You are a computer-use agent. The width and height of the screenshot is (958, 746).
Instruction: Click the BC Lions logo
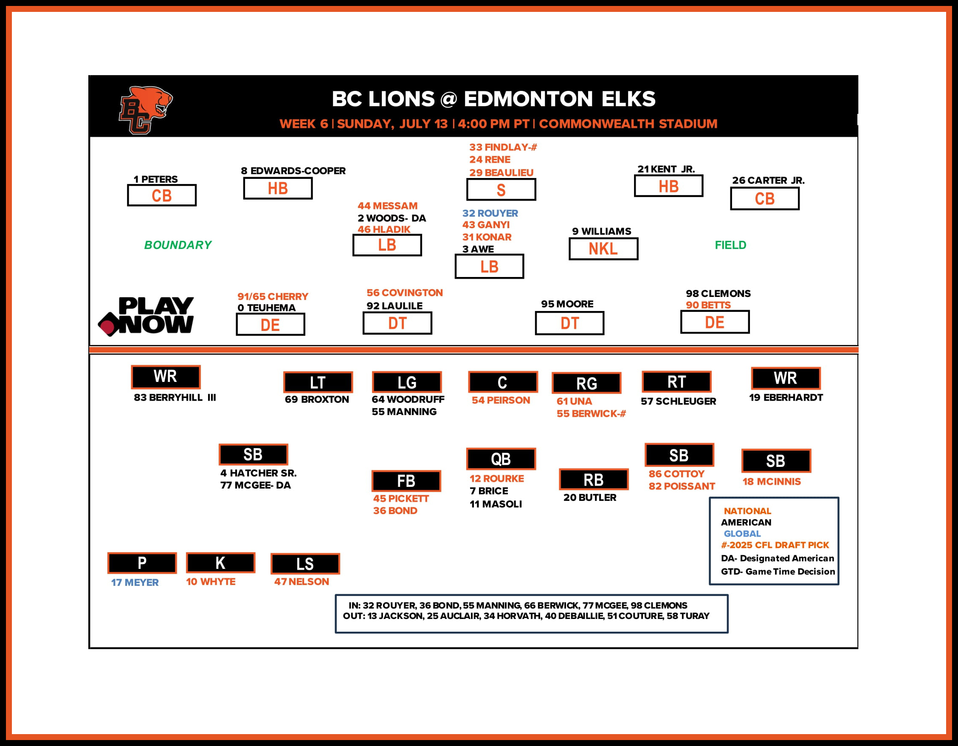coord(145,110)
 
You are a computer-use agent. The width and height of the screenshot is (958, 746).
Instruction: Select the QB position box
coord(501,459)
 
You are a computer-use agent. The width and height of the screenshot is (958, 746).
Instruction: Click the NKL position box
coord(603,249)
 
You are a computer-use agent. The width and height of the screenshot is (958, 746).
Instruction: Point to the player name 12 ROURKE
coord(496,478)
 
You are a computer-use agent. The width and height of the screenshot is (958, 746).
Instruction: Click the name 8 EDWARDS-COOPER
coord(293,171)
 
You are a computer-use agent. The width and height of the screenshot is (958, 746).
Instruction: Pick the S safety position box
coord(501,190)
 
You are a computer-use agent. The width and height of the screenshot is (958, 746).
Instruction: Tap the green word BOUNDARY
coord(178,245)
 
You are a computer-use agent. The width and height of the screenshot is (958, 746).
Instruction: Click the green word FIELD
coord(730,245)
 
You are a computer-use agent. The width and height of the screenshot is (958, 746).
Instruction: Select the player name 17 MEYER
coord(135,582)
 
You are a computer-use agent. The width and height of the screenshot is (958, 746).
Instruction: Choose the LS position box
coord(305,564)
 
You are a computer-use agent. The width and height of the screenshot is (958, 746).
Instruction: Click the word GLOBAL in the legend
coord(742,534)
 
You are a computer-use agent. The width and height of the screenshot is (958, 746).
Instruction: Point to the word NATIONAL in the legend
coord(747,511)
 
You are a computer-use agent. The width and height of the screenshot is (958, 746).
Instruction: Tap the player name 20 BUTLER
coord(589,497)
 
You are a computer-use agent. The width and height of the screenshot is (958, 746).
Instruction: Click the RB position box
coord(594,480)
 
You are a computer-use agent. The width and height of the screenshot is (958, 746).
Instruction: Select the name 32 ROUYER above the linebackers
coord(490,213)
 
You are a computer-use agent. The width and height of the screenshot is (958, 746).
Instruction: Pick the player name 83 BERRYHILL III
coord(175,398)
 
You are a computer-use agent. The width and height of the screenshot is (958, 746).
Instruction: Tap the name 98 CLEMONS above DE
coord(718,294)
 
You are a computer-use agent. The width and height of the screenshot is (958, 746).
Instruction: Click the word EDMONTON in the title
coord(529,99)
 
